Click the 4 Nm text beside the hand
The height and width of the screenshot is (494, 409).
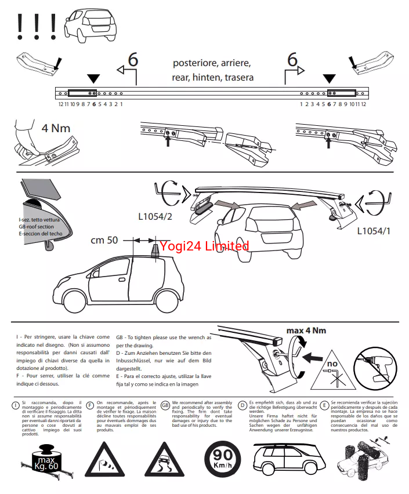[55, 128]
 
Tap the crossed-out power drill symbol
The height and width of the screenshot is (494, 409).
[374, 366]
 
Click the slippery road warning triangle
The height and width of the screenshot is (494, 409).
[165, 459]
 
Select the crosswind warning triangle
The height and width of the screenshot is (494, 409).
[105, 459]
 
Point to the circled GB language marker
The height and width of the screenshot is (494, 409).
[165, 405]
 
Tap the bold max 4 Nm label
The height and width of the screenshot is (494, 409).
[306, 330]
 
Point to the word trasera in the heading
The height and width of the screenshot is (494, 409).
[238, 77]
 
